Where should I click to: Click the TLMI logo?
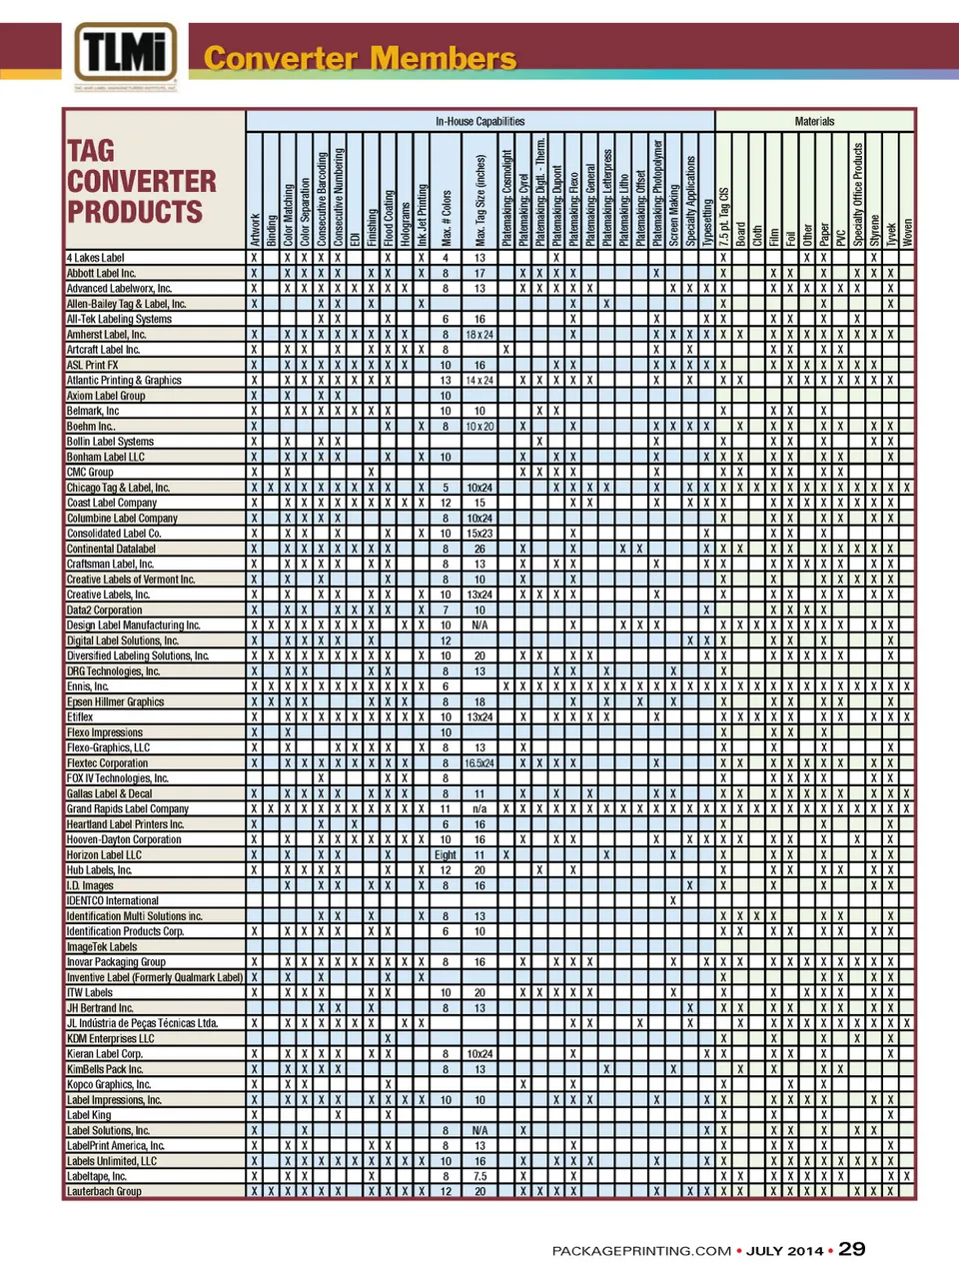[x=126, y=55]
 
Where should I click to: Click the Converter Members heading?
[x=360, y=58]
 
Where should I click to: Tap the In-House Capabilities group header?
[x=479, y=121]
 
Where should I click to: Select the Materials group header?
[x=814, y=121]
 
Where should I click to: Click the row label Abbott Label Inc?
[x=101, y=273]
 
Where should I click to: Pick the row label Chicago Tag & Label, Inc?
[x=118, y=488]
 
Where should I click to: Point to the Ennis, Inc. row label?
[x=88, y=686]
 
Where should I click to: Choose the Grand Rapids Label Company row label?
[x=127, y=808]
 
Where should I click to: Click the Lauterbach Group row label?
[x=104, y=1191]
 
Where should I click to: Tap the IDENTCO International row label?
[x=112, y=900]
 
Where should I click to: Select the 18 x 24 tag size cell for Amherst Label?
[x=479, y=335]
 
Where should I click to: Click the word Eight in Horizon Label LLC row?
[x=446, y=855]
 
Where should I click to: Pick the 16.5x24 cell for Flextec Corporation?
[x=479, y=763]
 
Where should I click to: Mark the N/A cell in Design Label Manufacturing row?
[x=479, y=626]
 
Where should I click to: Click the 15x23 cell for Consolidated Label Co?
[x=479, y=534]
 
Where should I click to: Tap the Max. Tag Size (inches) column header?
[x=480, y=200]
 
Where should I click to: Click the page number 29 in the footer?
[x=852, y=1249]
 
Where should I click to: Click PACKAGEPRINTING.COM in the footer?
[x=641, y=1251]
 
